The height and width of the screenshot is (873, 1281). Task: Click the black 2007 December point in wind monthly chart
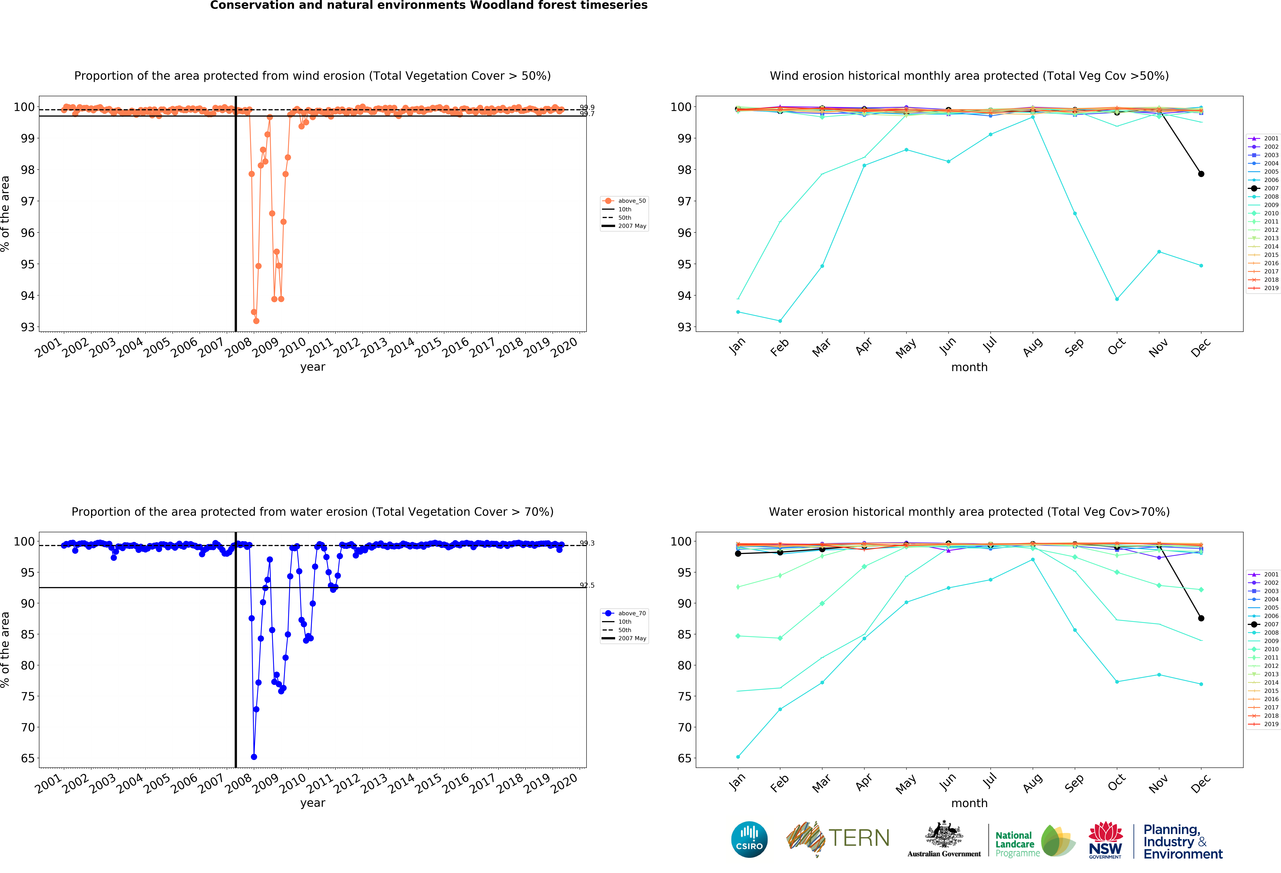tap(1201, 174)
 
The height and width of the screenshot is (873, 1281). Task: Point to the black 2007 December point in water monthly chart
tap(1201, 618)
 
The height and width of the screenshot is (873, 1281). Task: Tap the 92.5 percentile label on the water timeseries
tap(587, 585)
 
